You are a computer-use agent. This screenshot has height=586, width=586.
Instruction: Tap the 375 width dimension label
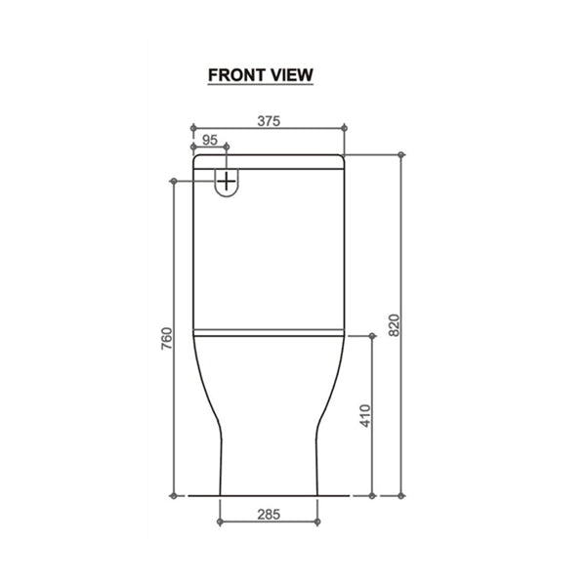(269, 121)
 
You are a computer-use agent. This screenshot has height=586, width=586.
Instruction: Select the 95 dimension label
(210, 140)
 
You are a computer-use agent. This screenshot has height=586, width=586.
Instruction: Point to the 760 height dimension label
(167, 339)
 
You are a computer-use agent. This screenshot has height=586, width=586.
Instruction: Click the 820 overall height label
(395, 325)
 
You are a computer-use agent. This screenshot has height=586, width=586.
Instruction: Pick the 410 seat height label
(365, 416)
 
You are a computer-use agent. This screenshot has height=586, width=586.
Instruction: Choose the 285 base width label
(269, 515)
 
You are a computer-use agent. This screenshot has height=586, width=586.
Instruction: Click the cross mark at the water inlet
(227, 182)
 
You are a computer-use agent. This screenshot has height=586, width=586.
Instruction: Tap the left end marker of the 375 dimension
(193, 128)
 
